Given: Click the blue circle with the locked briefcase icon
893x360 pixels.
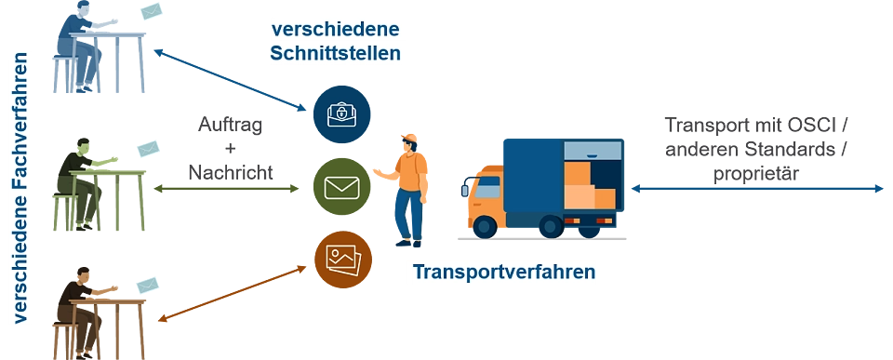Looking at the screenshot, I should tap(342, 113).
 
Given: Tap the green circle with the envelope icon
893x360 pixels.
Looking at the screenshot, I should tap(341, 187).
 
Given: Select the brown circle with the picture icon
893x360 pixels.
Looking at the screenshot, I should tap(341, 257).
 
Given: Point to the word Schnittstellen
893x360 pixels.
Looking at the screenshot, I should tap(335, 52).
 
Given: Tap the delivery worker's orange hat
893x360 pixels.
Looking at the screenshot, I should tap(409, 140).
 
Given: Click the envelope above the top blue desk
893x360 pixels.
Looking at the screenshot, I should tap(152, 11).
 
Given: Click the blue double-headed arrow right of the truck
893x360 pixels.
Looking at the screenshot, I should tap(757, 188).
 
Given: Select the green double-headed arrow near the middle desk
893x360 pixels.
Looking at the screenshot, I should tap(227, 188).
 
